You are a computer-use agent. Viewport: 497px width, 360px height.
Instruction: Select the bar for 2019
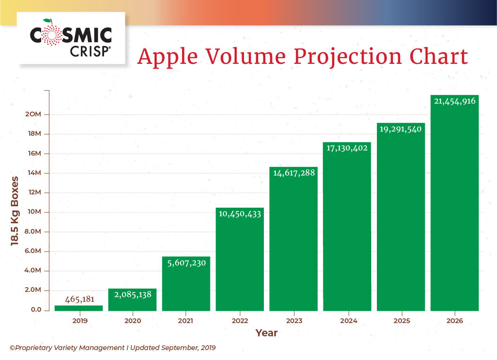[78, 308]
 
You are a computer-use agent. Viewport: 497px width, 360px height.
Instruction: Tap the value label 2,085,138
[132, 295]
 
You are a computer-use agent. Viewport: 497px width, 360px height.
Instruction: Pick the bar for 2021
[186, 284]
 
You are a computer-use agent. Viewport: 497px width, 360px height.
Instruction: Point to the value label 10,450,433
[240, 213]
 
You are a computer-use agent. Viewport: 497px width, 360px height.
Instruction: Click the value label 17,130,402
[347, 148]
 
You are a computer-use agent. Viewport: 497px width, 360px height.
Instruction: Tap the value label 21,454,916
[454, 101]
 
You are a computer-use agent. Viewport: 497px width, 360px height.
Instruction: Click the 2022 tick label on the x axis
[240, 320]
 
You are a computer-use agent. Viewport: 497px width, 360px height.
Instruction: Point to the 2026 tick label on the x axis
[454, 320]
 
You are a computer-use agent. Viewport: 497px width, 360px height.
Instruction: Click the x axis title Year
[266, 333]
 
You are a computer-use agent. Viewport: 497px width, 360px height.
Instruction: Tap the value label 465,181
[78, 299]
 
